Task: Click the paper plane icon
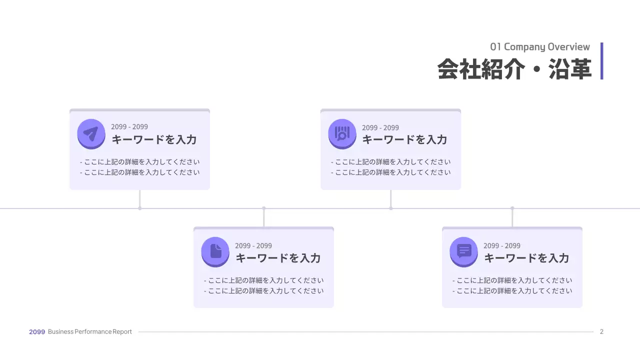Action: pos(91,133)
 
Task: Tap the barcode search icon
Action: pos(342,133)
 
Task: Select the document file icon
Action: pos(215,251)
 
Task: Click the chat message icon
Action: pos(464,251)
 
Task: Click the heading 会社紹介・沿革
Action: pos(514,69)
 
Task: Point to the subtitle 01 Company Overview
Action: pos(540,47)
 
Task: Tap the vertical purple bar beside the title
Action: pos(601,61)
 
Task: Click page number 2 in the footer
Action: pos(601,331)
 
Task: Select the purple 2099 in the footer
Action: pos(37,331)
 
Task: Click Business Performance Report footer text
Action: pos(90,331)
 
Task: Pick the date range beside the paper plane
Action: pos(129,127)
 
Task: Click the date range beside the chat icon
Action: pos(501,245)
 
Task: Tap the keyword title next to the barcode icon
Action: pos(404,139)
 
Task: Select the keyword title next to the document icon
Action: pos(278,258)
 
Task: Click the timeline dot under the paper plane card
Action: pos(140,208)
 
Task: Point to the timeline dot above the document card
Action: pos(264,208)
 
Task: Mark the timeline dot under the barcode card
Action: pos(391,208)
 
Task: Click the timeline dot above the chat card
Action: pos(512,208)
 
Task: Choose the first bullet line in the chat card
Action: pos(512,280)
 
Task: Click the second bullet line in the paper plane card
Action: pos(140,172)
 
